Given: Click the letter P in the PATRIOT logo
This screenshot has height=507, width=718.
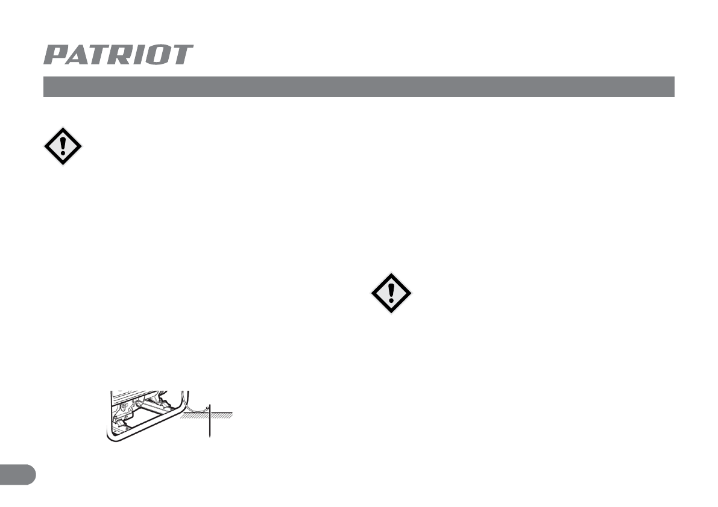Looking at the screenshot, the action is (55, 55).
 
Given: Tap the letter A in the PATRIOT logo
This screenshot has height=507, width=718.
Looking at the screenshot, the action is (78, 55).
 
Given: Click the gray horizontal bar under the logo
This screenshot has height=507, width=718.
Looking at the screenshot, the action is (358, 87).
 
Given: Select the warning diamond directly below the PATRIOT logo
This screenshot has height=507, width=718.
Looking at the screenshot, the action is (63, 146).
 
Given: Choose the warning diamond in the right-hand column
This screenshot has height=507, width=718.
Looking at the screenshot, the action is (391, 293).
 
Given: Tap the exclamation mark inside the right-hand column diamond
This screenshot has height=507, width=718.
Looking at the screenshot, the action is (391, 293).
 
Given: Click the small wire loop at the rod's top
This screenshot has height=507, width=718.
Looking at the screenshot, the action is (207, 408).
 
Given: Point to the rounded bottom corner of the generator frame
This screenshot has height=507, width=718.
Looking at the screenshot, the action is (112, 438).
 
